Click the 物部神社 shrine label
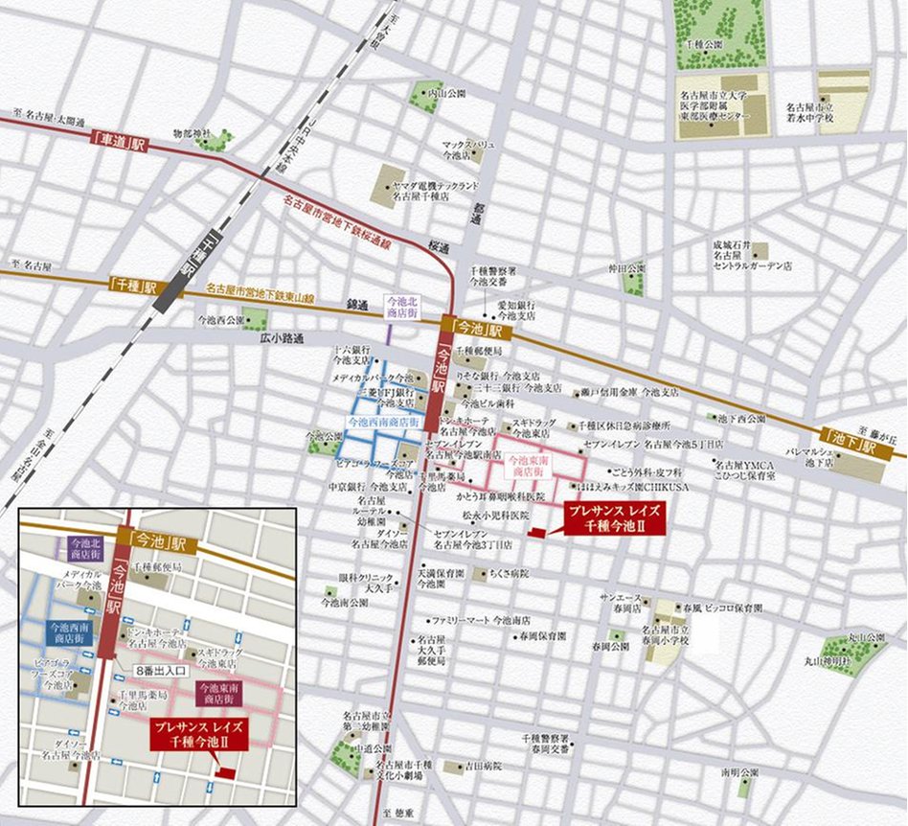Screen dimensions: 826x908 tap(190, 133)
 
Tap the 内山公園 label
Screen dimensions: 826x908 tap(446, 94)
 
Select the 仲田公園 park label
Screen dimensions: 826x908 tap(630, 267)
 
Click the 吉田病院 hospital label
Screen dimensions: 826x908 tap(484, 767)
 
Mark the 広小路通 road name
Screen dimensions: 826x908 tap(280, 338)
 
